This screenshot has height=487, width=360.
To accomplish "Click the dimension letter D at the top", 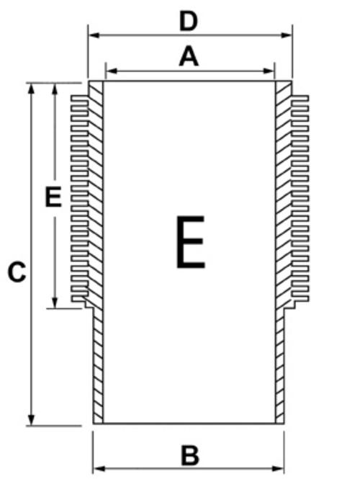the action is tap(189, 22).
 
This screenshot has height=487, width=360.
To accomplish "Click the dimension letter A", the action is tap(189, 56).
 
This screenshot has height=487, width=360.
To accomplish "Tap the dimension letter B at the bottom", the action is tap(189, 455).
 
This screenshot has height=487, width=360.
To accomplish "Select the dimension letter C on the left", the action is tap(17, 272).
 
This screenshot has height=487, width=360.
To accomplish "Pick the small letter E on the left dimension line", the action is tap(53, 197).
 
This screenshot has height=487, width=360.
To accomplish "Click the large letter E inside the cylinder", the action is tap(191, 241).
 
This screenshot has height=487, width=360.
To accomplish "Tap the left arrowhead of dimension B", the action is tap(99, 468).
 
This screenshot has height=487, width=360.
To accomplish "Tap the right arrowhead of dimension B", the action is tap(278, 468).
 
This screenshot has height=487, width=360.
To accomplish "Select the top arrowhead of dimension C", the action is tap(31, 89).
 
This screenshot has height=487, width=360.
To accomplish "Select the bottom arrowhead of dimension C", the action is tap(31, 419).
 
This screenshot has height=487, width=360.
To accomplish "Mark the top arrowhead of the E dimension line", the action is tap(55, 89).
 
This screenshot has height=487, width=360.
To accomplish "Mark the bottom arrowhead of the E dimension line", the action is tap(55, 302).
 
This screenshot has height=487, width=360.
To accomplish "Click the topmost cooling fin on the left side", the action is tap(80, 98).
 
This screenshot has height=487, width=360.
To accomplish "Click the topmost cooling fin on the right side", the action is tap(300, 98).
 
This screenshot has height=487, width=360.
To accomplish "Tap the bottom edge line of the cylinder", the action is tap(189, 424).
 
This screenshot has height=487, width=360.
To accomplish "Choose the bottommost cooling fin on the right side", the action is tap(300, 299).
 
